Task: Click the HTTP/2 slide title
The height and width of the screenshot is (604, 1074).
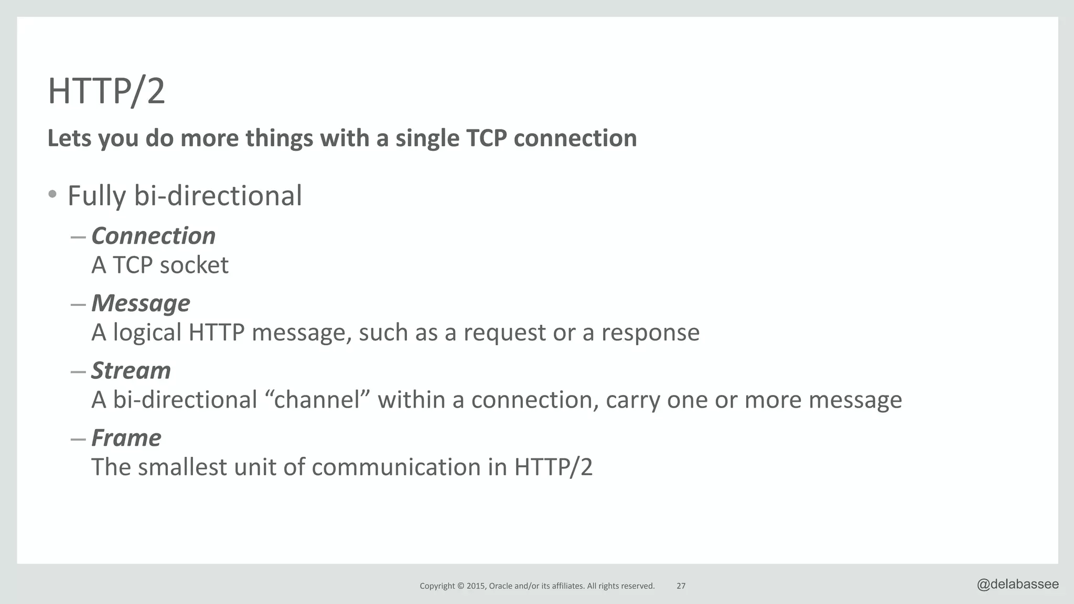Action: pyautogui.click(x=106, y=91)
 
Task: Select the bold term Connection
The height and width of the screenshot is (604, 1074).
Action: pyautogui.click(x=153, y=236)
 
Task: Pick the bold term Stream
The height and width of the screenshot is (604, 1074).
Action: pyautogui.click(x=131, y=370)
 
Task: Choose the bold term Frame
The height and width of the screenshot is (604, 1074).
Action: pyautogui.click(x=126, y=437)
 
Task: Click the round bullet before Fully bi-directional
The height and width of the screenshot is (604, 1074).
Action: pyautogui.click(x=52, y=195)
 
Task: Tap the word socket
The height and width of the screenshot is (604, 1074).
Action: pyautogui.click(x=194, y=265)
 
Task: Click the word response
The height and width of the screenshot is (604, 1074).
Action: pyautogui.click(x=650, y=333)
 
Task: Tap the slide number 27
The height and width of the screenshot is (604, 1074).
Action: pyautogui.click(x=681, y=586)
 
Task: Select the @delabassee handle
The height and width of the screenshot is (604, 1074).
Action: pyautogui.click(x=1017, y=584)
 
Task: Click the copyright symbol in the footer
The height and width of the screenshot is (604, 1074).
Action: pyautogui.click(x=461, y=586)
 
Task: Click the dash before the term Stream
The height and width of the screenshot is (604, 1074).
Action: pyautogui.click(x=78, y=371)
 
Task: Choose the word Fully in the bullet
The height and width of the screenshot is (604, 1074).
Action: pyautogui.click(x=97, y=196)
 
